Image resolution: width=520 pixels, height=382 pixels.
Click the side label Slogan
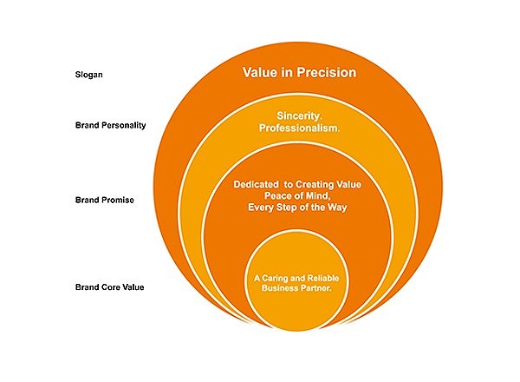click(x=89, y=75)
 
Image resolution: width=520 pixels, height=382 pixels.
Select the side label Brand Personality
click(x=110, y=125)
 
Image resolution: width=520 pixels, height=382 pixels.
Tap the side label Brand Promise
click(x=105, y=200)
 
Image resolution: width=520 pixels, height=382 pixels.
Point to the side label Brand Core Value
click(x=109, y=287)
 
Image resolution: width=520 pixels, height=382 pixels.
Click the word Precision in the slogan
click(x=327, y=72)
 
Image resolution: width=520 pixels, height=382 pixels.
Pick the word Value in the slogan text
click(x=260, y=72)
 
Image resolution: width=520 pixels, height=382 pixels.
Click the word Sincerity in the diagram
click(x=299, y=116)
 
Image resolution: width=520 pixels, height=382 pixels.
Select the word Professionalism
click(x=299, y=128)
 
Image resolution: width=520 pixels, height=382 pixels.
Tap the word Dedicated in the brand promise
click(x=256, y=185)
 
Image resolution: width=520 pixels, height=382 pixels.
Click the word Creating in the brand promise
click(x=315, y=185)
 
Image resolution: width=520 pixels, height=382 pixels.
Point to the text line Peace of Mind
click(x=297, y=196)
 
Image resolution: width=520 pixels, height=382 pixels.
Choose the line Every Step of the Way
click(x=297, y=207)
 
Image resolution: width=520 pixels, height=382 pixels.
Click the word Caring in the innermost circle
click(x=274, y=279)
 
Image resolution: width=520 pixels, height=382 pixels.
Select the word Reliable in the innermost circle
click(x=323, y=278)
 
